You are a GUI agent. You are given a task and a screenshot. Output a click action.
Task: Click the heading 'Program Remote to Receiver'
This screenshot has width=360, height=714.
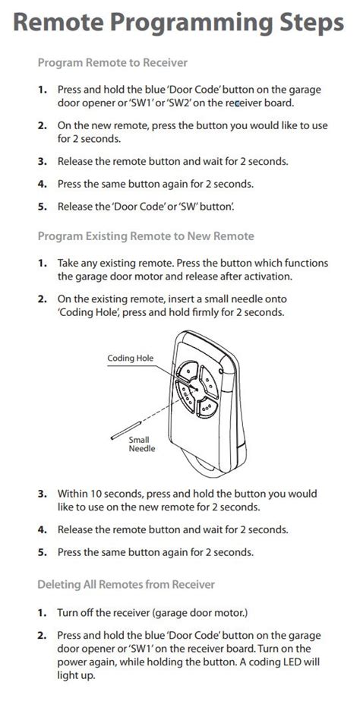(x=112, y=62)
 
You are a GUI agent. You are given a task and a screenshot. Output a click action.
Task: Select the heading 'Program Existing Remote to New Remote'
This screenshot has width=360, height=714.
(x=146, y=236)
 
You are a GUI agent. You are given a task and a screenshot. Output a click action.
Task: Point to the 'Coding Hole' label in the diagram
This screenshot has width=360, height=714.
(x=130, y=358)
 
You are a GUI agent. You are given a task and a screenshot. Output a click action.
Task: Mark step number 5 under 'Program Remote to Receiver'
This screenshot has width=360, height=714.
(x=43, y=206)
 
